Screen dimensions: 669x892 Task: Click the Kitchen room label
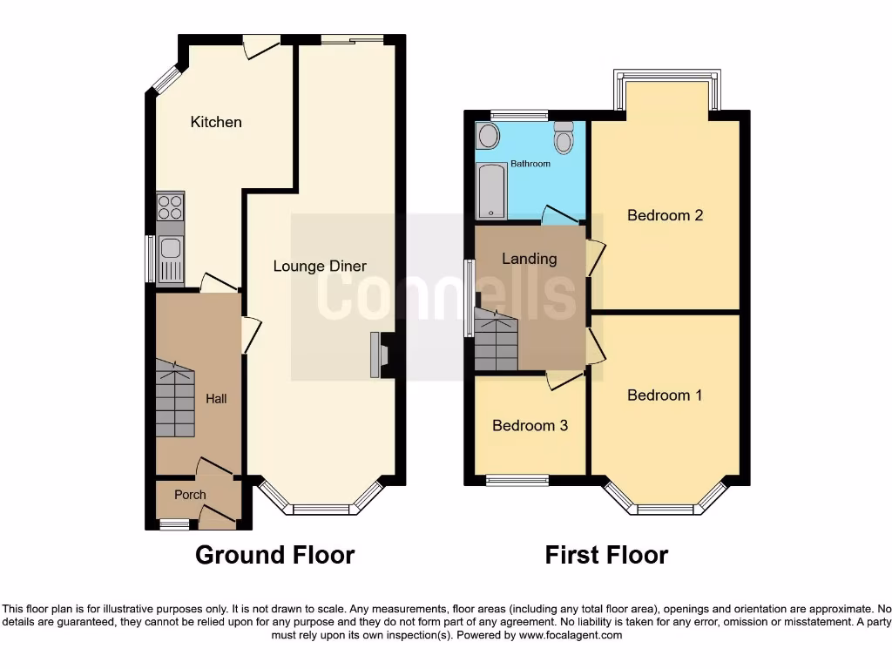pyautogui.click(x=216, y=122)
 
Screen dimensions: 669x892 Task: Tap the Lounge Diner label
pyautogui.click(x=320, y=266)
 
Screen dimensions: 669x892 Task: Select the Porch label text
pyautogui.click(x=190, y=495)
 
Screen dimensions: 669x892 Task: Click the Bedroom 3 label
pyautogui.click(x=530, y=425)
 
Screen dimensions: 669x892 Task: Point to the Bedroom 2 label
pyautogui.click(x=665, y=215)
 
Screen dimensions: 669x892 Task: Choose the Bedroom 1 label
pyautogui.click(x=665, y=395)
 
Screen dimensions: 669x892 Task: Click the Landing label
pyautogui.click(x=529, y=259)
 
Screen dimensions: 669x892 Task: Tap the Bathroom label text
pyautogui.click(x=530, y=164)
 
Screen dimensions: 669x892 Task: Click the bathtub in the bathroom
pyautogui.click(x=491, y=189)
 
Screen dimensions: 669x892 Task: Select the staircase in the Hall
pyautogui.click(x=175, y=400)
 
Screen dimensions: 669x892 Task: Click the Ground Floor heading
pyautogui.click(x=274, y=555)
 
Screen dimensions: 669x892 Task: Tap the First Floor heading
pyautogui.click(x=606, y=555)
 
